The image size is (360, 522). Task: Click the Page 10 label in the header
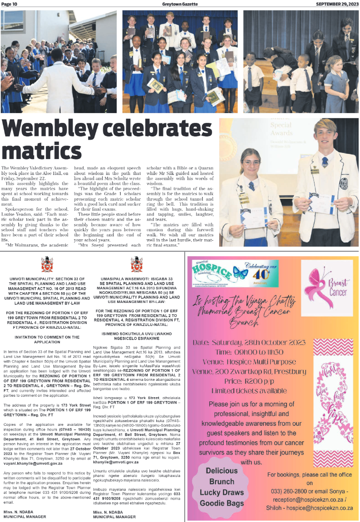(x=9, y=4)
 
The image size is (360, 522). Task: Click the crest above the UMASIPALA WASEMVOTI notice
(x=137, y=265)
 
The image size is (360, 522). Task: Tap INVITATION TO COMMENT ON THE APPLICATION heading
(x=45, y=337)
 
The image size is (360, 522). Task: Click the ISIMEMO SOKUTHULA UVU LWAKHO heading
(x=137, y=335)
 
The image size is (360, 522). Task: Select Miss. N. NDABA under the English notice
(x=18, y=511)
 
